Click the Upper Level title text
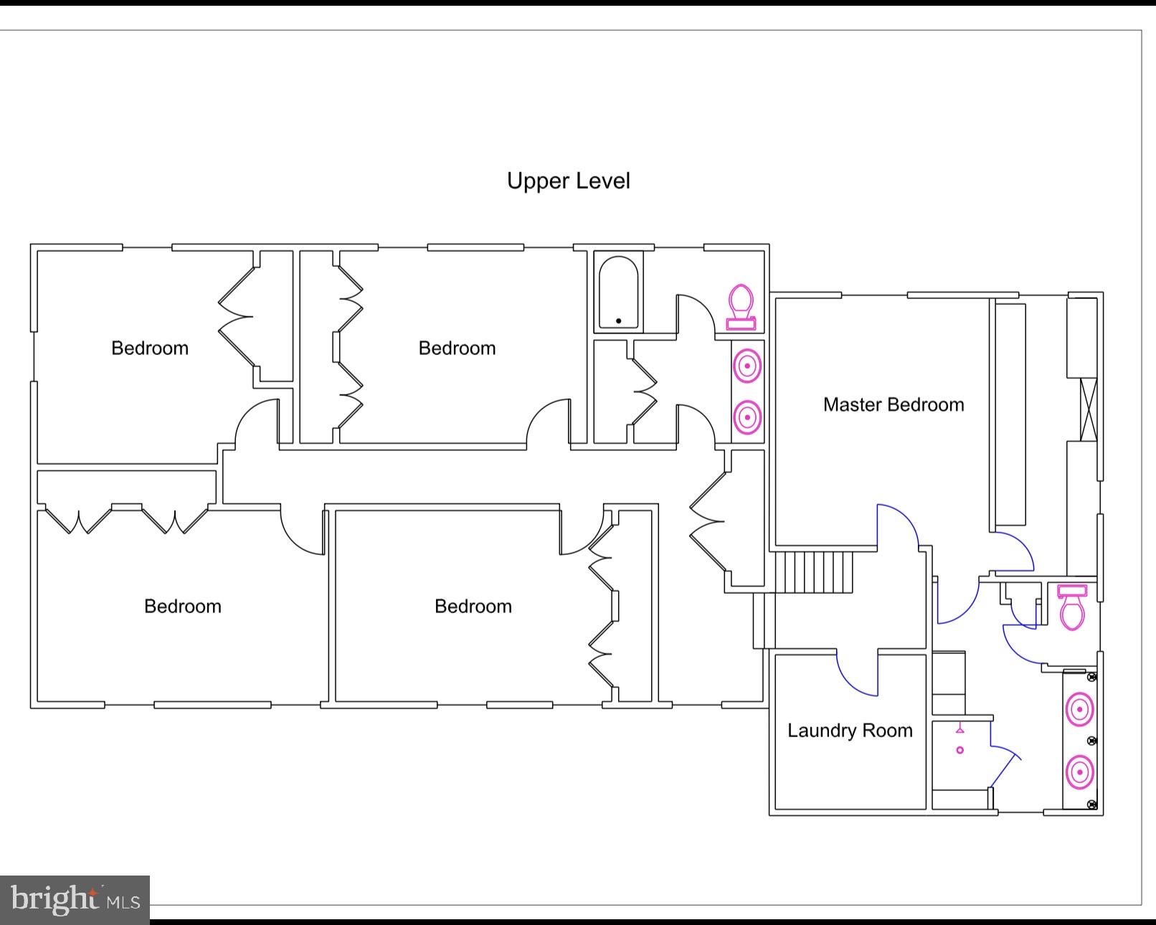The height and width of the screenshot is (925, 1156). coord(569,181)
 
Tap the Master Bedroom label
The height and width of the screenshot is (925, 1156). coord(894,404)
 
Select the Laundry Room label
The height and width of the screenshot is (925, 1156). coord(850,731)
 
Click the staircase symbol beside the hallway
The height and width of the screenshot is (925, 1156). coord(814,572)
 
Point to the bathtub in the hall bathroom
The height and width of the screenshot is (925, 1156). coord(618,292)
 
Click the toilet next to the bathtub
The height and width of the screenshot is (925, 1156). coord(742,307)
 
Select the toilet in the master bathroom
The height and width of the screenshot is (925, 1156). coord(1072,607)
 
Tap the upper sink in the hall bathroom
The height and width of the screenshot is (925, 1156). coord(747,366)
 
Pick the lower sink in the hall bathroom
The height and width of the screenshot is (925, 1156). coord(747,417)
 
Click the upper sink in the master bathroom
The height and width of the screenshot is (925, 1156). coord(1080,710)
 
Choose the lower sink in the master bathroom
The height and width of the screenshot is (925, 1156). coord(1080,772)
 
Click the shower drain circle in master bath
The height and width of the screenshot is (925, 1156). coord(960,750)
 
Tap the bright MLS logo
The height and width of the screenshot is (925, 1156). coord(75,899)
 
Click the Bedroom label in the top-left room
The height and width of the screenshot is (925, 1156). coord(150,348)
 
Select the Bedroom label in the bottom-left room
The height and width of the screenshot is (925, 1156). coord(183,607)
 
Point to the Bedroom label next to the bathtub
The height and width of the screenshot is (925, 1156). coord(457,348)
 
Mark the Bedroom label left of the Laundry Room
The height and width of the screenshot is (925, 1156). coord(473,607)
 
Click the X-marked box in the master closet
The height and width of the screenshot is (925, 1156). coord(1089,410)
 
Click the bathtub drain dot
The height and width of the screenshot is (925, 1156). coord(619,321)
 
